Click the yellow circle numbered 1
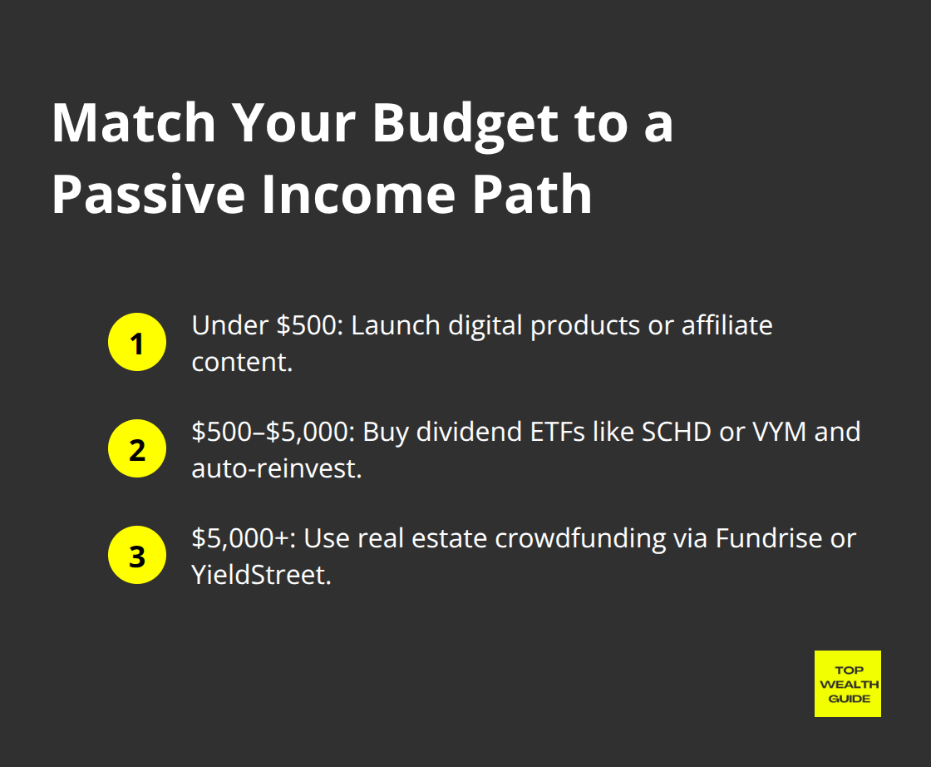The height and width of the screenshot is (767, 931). (x=137, y=343)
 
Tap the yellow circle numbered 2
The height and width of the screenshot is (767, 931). (x=137, y=450)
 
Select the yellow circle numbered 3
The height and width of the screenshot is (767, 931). (x=137, y=557)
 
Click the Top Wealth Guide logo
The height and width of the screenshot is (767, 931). (x=847, y=684)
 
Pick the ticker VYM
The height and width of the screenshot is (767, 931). (x=770, y=433)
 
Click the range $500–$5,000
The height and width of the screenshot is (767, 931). (x=271, y=433)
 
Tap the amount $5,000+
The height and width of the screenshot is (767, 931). (x=243, y=539)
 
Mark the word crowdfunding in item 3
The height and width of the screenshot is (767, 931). (x=580, y=539)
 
